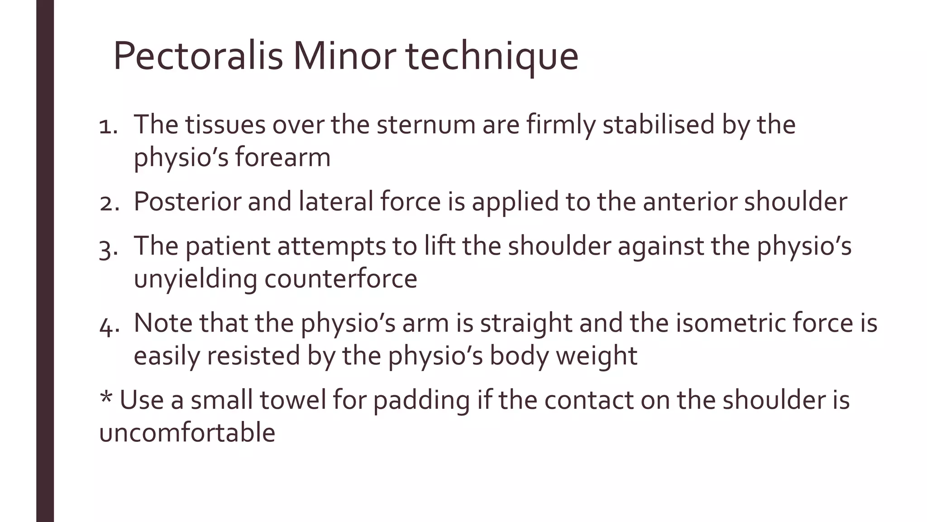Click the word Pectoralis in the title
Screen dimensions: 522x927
click(x=198, y=57)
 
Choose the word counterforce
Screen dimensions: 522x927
click(x=341, y=279)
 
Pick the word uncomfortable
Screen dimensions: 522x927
click(x=187, y=433)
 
